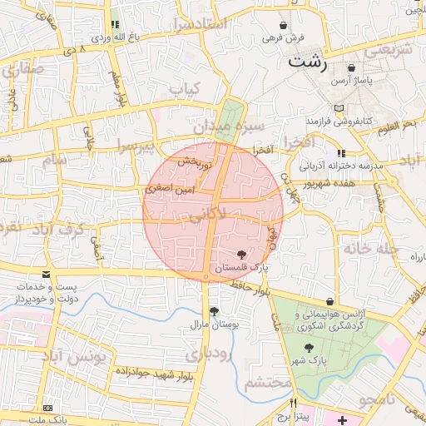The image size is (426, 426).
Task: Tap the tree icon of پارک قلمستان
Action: tap(240, 254)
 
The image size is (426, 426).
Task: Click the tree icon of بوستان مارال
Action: tap(215, 311)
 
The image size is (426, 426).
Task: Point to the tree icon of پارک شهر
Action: tap(310, 348)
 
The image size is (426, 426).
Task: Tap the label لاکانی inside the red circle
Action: tap(206, 216)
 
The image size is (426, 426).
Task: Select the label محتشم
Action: tap(270, 382)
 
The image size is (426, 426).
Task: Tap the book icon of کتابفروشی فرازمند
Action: tap(336, 108)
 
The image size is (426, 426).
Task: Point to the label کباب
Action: tap(185, 88)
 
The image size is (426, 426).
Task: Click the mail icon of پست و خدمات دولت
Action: tap(46, 274)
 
